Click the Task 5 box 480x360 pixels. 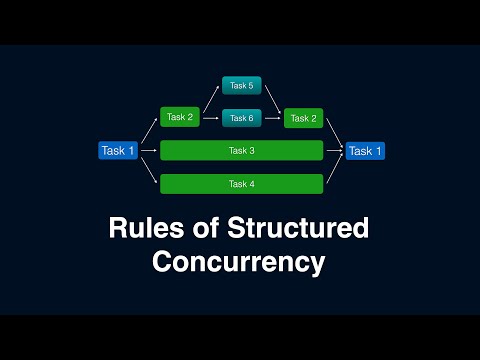(241, 86)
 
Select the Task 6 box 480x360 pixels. (241, 118)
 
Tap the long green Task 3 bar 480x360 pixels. (241, 151)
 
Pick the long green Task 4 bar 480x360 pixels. (241, 184)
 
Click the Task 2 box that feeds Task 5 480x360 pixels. (179, 117)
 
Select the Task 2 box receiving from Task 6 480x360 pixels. (302, 118)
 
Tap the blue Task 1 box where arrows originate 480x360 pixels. (117, 151)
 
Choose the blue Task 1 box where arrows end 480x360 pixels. (365, 151)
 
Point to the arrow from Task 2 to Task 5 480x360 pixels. (210, 99)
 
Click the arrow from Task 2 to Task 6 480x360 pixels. (210, 118)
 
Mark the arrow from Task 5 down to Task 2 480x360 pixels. (272, 99)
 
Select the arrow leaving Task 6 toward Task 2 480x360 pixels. (272, 118)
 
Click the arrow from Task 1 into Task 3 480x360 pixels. (148, 151)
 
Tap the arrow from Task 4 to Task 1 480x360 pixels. (334, 168)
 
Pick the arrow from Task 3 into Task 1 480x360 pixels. (334, 151)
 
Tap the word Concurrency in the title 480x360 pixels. (239, 263)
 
